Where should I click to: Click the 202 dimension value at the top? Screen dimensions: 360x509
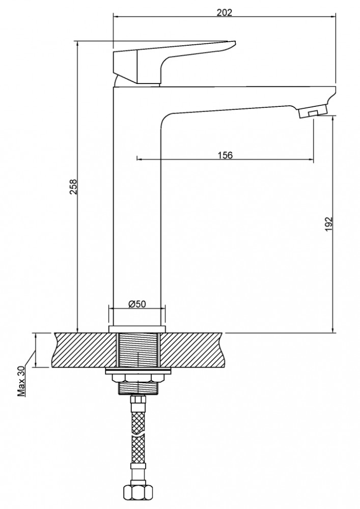pos(225,12)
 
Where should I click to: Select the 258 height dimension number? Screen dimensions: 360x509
pos(74,186)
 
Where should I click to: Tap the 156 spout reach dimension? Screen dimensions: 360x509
pos(225,155)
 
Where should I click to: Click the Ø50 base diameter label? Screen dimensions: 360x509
pos(137,304)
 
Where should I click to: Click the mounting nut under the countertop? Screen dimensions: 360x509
pos(137,379)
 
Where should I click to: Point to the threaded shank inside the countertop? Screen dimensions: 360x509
pos(138,350)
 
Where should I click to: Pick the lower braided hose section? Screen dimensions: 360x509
pos(138,449)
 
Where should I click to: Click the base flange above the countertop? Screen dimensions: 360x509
pos(137,329)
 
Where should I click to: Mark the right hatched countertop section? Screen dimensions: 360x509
pos(191,350)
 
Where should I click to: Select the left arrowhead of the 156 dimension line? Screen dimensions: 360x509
pos(140,159)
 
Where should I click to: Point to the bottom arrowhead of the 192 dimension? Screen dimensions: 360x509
pos(334,330)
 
